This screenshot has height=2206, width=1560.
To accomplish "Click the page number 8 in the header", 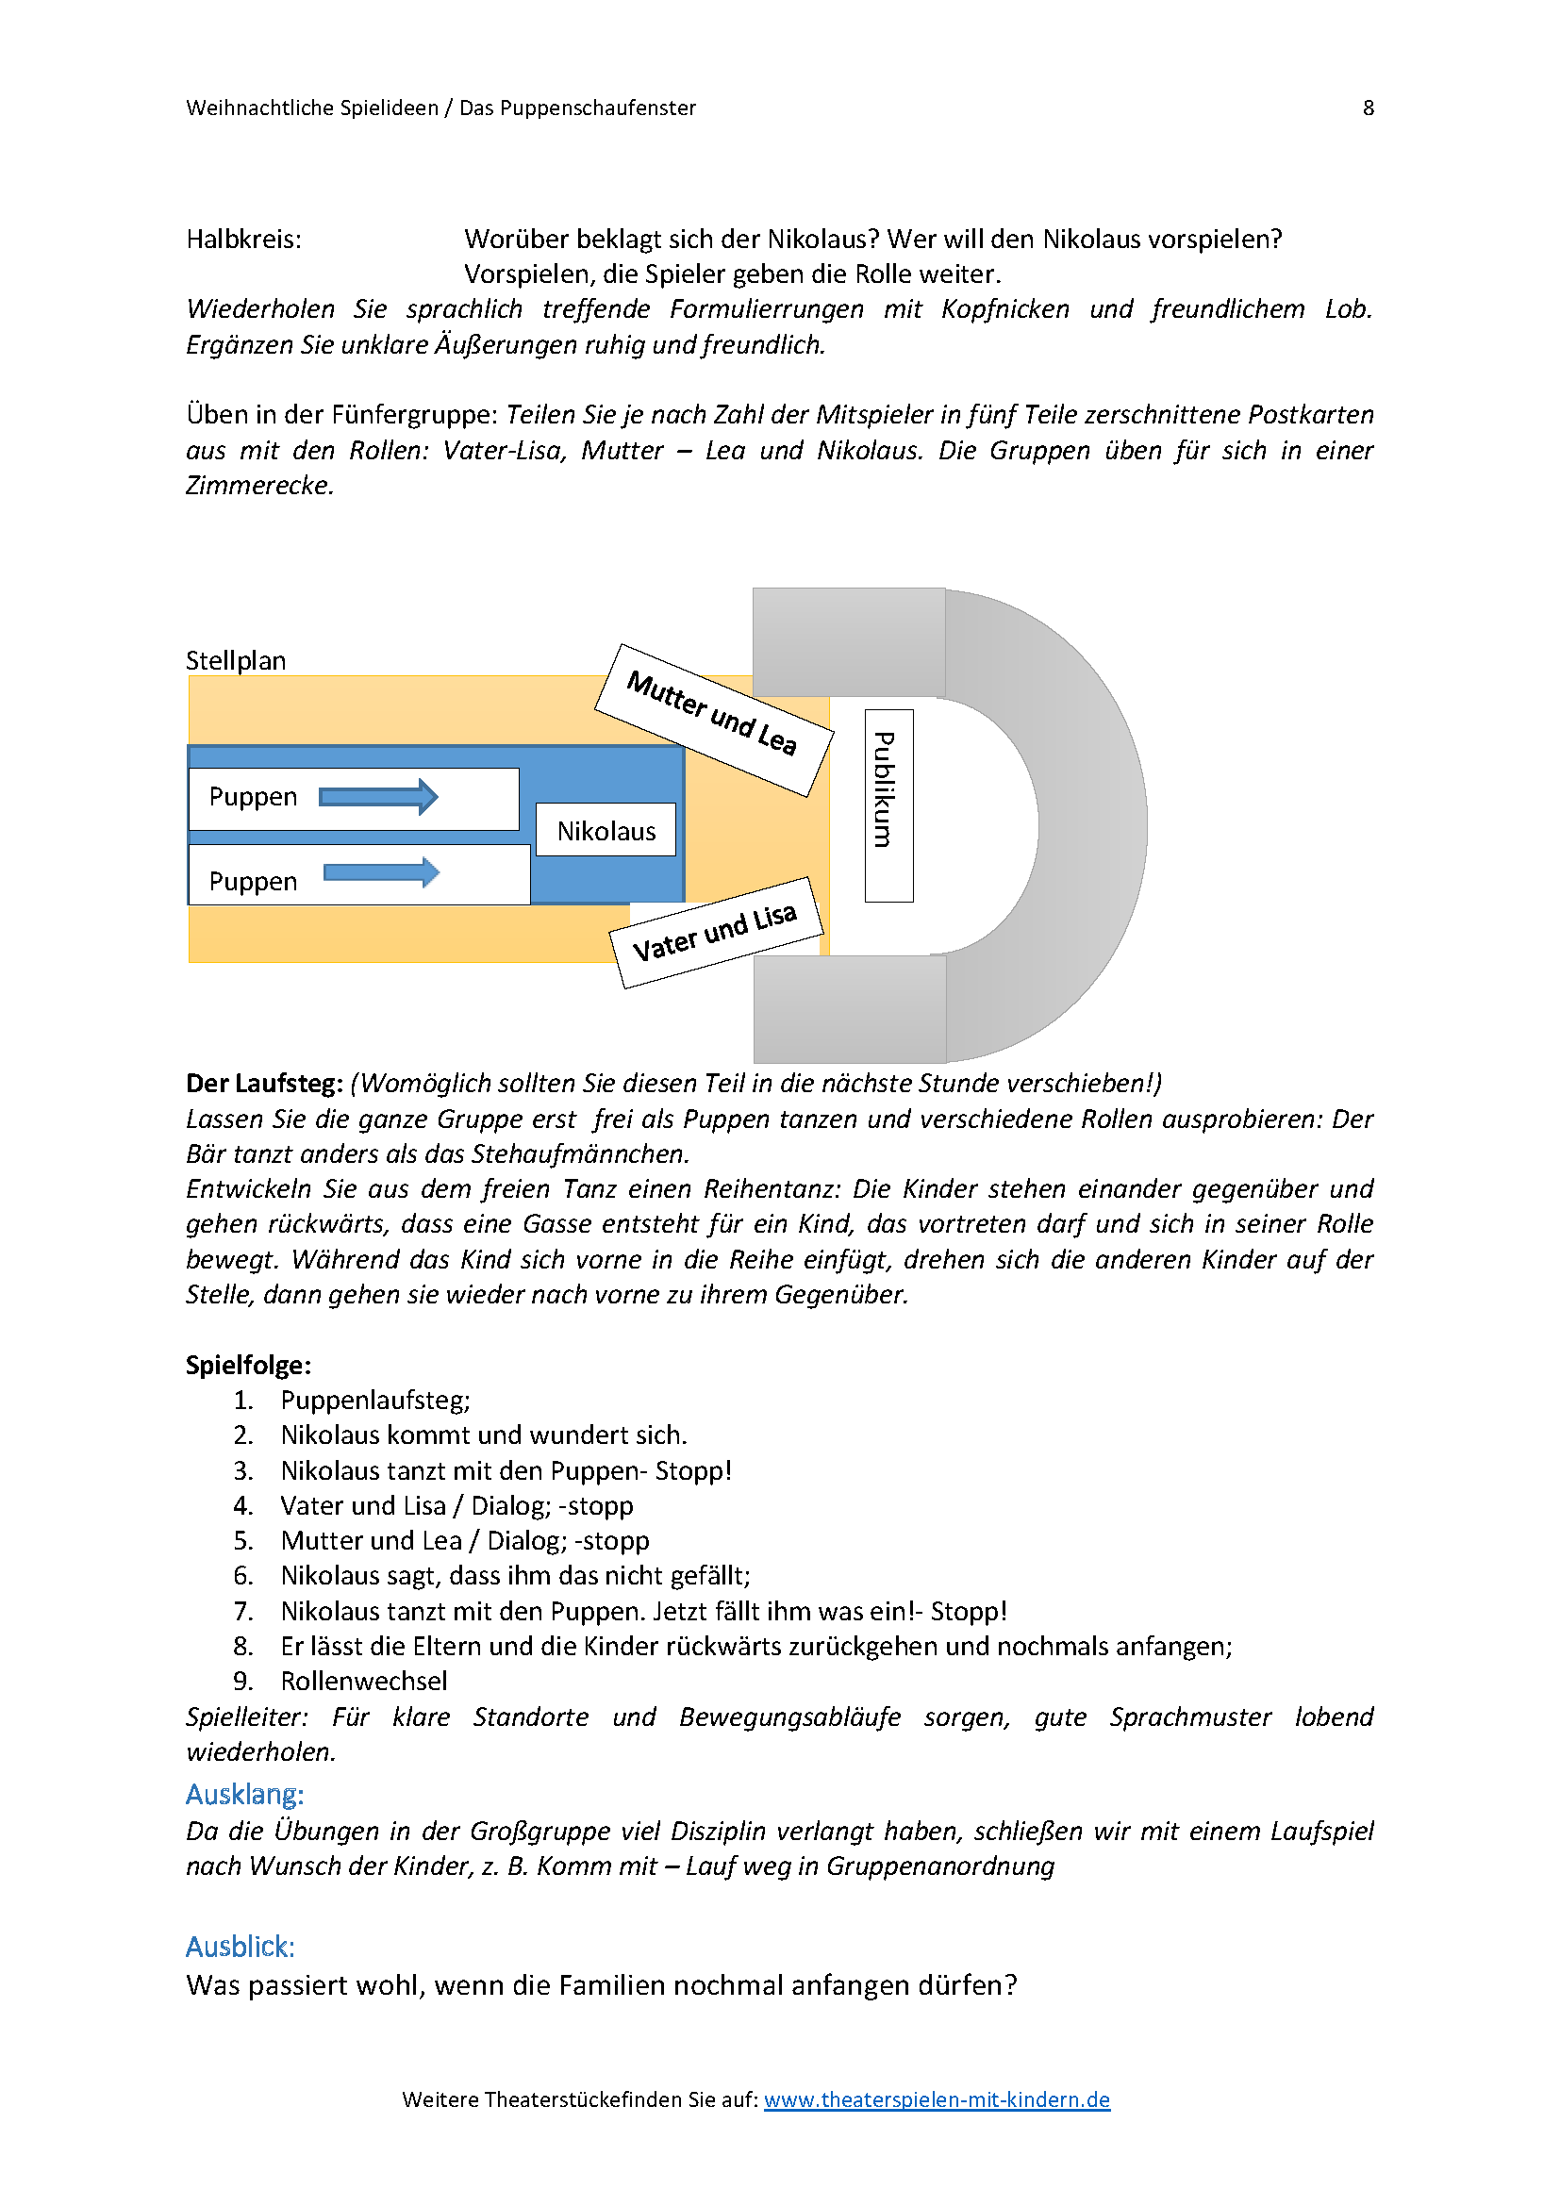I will (x=1368, y=108).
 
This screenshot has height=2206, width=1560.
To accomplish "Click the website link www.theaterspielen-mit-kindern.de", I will (x=937, y=2099).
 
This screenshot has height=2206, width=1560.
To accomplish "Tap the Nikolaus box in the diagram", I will (x=606, y=830).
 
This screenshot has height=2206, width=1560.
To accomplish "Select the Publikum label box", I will (x=888, y=805).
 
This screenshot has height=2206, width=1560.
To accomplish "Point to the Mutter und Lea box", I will (x=713, y=719).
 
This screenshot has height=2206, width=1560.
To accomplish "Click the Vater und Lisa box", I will (x=716, y=932).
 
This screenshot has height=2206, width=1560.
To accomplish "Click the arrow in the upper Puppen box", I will (x=378, y=797).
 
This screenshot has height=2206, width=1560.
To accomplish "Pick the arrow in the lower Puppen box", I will (x=381, y=872).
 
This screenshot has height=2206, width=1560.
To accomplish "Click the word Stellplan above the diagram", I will (x=236, y=661).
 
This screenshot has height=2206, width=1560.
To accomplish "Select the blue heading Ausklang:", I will (x=245, y=1795).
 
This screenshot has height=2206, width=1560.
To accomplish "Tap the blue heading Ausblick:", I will (x=241, y=1947).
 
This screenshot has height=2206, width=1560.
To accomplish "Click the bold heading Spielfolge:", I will (x=248, y=1366).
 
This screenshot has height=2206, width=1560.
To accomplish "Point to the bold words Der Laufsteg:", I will (x=264, y=1084).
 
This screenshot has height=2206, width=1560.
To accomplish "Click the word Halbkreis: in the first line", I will (x=244, y=240).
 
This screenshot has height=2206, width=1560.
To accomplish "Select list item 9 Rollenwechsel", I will (x=363, y=1682).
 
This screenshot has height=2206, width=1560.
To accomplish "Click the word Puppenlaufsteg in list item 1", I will (x=373, y=1401).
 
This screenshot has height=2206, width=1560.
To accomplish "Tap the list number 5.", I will (x=243, y=1541).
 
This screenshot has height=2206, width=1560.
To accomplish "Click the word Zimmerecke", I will (x=259, y=486).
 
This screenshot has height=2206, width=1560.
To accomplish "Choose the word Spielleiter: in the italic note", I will (x=247, y=1717).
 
